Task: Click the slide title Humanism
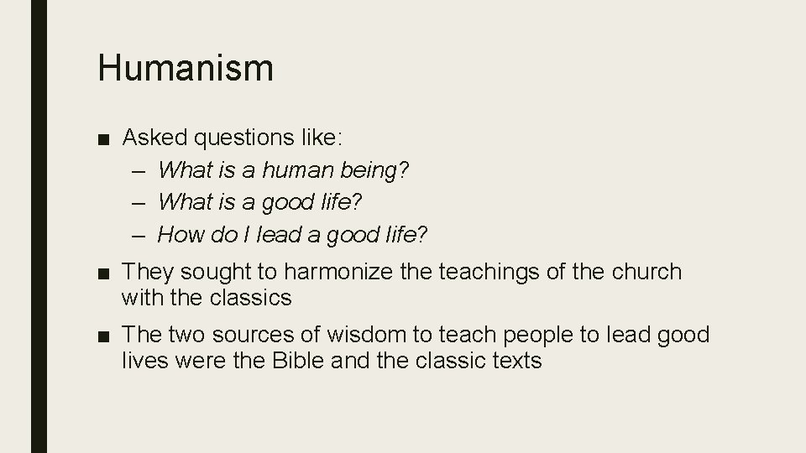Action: tap(186, 67)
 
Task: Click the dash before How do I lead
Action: tap(139, 235)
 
